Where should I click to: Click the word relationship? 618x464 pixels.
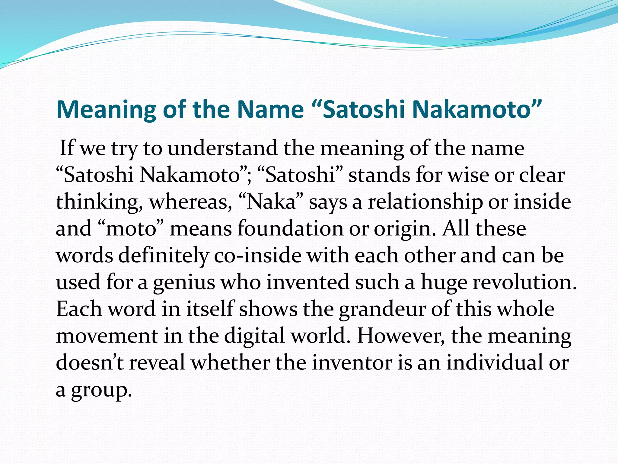[425, 202]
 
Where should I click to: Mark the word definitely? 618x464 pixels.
[163, 256]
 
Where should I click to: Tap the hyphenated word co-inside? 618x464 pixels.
[258, 256]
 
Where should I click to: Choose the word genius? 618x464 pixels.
[184, 282]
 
